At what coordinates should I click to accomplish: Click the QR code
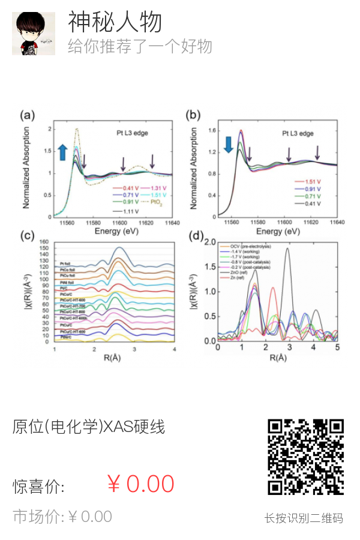pos(305,457)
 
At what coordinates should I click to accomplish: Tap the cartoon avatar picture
pos(34,34)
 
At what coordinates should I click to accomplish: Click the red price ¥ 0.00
pos(140,484)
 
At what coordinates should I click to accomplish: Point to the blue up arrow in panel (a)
pos(62,152)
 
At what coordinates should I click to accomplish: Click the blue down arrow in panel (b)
pos(228,145)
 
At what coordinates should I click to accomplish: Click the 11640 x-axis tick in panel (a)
pos(172,223)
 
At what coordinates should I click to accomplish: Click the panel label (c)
pos(27,235)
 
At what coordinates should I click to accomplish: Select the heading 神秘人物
pos(115,22)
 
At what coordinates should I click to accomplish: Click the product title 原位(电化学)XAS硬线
pos(88,427)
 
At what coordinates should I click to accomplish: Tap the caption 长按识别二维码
pos(304,518)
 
